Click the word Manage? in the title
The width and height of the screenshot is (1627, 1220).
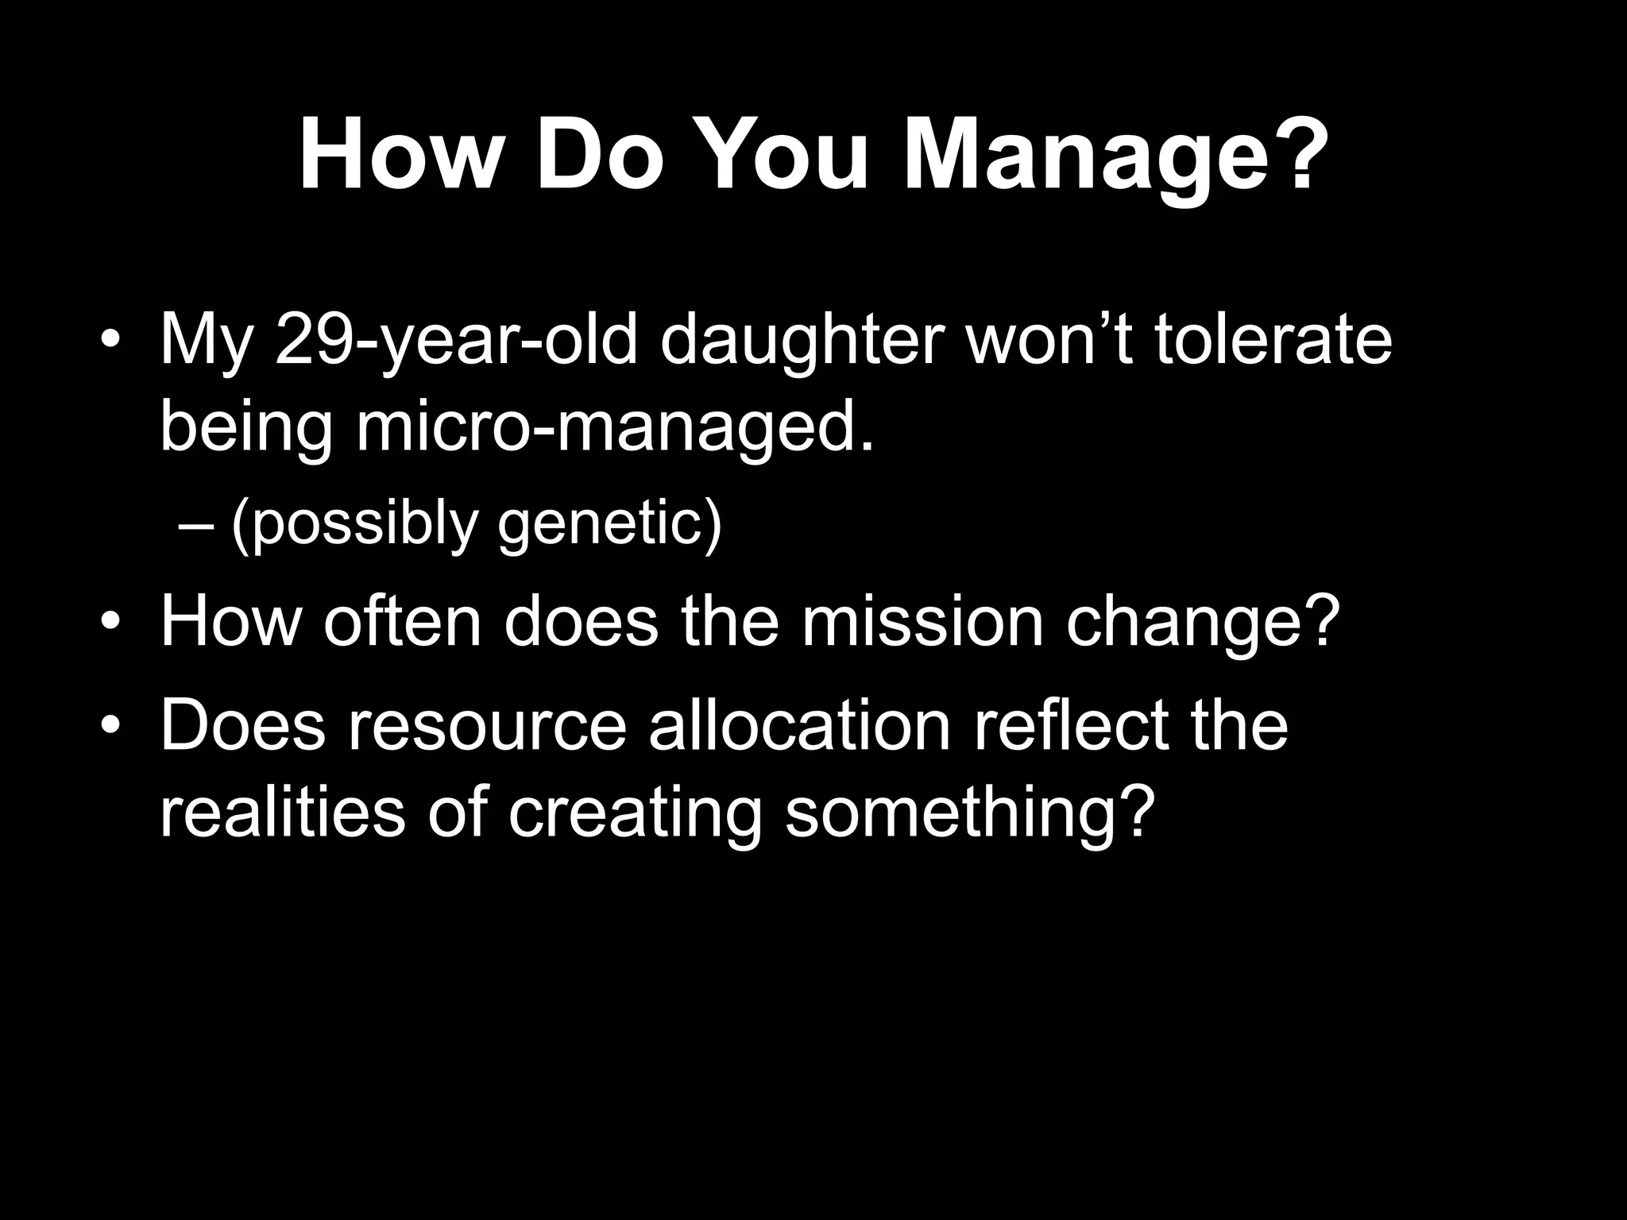(x=1115, y=157)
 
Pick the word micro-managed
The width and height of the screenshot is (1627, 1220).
(x=615, y=429)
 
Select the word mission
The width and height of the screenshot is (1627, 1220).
(x=922, y=623)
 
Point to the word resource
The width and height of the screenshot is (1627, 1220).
(x=486, y=726)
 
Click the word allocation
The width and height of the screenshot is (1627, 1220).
(x=799, y=726)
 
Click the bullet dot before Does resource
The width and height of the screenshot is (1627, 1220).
(x=110, y=726)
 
